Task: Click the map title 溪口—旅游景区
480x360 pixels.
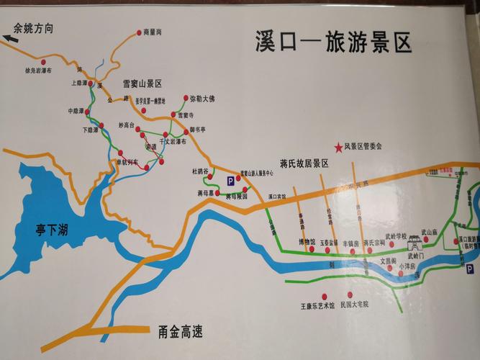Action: [332, 42]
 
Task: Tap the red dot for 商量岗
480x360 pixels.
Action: [139, 32]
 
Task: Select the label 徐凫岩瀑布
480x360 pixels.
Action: [42, 71]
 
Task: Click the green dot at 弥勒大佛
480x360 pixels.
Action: [185, 98]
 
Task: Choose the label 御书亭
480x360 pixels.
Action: [197, 130]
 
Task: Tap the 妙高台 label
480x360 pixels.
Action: [127, 124]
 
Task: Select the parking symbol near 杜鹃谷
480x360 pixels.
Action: [230, 181]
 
